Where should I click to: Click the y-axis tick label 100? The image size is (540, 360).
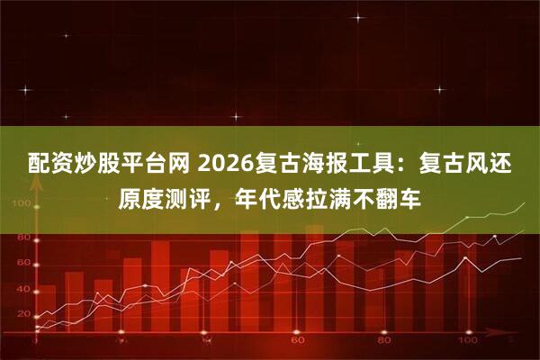click(x=20, y=204)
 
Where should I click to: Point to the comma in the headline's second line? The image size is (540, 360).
click(x=219, y=198)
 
